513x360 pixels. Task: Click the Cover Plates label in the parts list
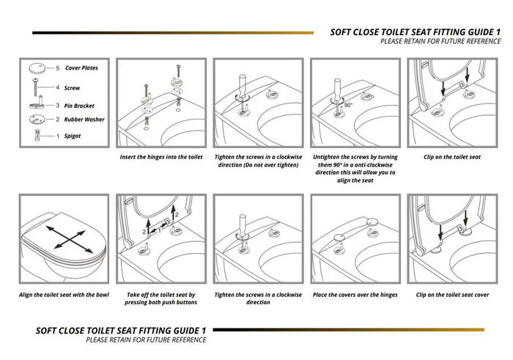tap(81, 68)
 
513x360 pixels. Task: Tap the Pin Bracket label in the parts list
tap(79, 106)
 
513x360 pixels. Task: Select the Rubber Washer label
tap(84, 120)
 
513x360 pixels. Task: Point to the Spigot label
tap(72, 136)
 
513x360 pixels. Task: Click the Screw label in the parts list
tap(72, 87)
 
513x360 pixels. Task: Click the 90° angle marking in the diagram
tap(347, 105)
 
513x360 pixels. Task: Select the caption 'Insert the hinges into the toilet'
tap(160, 157)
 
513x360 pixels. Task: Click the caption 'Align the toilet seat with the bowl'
tap(64, 295)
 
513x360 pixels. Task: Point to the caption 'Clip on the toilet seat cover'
tap(452, 295)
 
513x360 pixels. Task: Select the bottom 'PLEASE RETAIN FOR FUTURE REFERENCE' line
tap(146, 340)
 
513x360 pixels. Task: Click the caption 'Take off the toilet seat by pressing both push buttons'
tap(160, 298)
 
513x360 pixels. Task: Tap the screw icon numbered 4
tap(35, 87)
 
